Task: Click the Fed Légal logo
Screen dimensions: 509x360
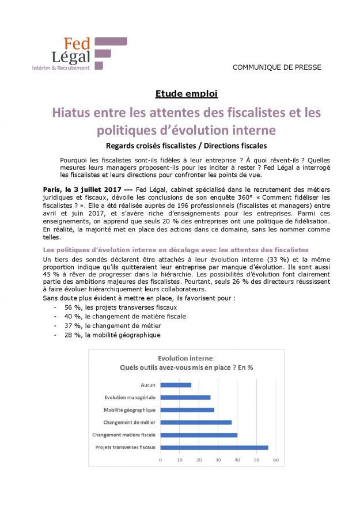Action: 79,54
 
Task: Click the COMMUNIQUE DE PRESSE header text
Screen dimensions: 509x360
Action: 276,67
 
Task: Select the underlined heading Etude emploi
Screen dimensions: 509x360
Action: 186,94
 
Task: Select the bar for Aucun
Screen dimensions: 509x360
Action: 176,385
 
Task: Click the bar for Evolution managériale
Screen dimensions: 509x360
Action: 185,397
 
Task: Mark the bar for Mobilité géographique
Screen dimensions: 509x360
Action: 187,410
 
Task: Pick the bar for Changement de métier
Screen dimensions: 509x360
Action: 196,422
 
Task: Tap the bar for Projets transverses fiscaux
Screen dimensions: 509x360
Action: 214,447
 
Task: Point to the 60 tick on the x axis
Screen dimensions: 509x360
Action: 276,459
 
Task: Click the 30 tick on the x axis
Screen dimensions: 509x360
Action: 218,459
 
